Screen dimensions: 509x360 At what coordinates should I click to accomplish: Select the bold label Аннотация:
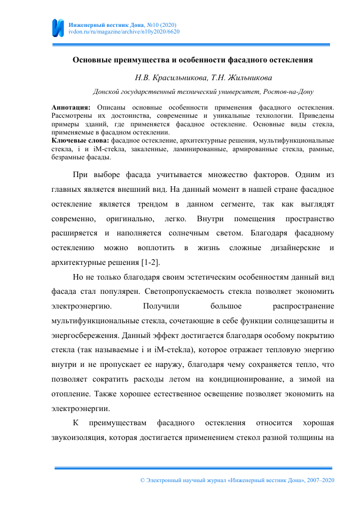[x=72, y=109]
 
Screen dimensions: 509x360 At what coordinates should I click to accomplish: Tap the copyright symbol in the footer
[x=142, y=480]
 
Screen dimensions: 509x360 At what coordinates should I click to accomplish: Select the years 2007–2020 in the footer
[x=321, y=480]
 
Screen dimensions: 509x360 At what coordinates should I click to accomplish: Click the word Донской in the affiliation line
[x=105, y=92]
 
